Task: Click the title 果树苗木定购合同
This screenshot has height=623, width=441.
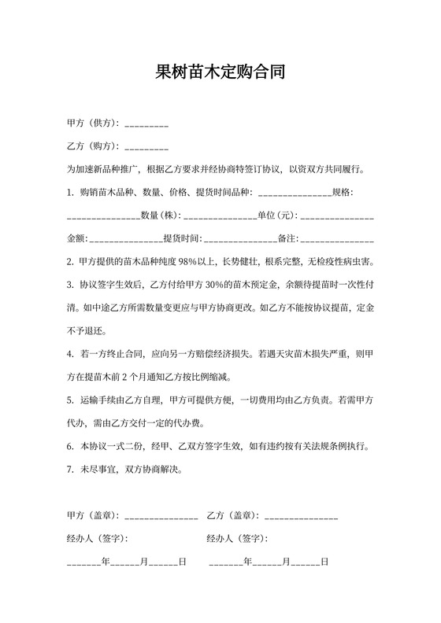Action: point(220,73)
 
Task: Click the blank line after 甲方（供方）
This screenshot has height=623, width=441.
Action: point(146,124)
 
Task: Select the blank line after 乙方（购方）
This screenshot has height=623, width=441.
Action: point(146,146)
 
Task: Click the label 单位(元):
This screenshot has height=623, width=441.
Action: point(277,215)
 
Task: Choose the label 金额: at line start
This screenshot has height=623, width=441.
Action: point(77,238)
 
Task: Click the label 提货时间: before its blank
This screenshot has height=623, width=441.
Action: point(183,238)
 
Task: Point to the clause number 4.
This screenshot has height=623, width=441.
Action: point(71,354)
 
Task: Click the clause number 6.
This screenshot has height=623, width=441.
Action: point(71,446)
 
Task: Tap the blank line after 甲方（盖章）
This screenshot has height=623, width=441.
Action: point(161,516)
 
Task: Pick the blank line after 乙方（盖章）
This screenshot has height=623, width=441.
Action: point(302,516)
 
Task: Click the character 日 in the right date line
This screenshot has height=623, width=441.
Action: point(323,562)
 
